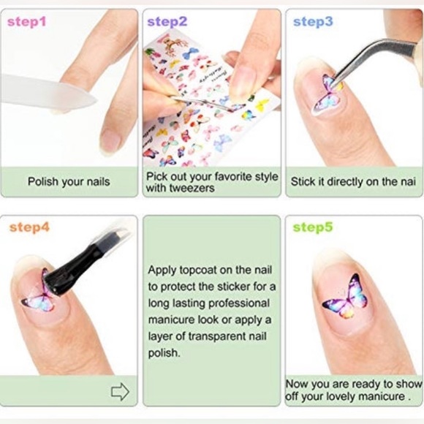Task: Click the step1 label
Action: click(27, 21)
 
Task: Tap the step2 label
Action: click(167, 21)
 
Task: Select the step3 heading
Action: click(313, 21)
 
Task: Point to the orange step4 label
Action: click(30, 228)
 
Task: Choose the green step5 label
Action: click(313, 227)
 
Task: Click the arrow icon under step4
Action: click(120, 392)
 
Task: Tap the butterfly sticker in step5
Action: click(346, 298)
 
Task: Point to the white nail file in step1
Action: click(44, 91)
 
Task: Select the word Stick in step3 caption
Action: click(303, 181)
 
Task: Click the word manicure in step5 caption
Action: click(376, 397)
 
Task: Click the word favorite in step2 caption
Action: click(225, 175)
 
